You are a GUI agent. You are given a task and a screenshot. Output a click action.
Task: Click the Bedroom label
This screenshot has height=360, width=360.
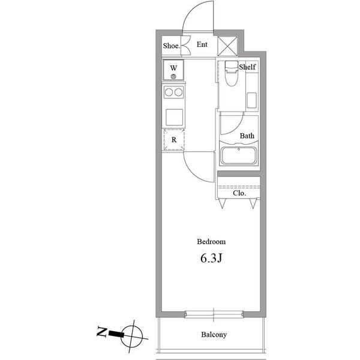point(211,242)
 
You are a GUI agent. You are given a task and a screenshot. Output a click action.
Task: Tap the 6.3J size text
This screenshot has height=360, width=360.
point(211,258)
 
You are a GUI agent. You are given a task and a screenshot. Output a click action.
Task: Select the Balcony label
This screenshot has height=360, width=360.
point(214,335)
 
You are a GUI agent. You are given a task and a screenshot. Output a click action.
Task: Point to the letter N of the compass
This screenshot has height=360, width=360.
point(102,331)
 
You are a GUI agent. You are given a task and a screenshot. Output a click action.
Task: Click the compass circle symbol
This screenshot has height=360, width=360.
point(131,336)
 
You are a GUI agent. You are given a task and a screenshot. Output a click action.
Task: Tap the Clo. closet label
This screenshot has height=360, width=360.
point(239,193)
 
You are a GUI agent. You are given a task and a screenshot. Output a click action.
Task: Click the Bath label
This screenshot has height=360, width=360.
point(247,136)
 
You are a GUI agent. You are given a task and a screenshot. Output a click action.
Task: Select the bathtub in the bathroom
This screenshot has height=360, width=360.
point(239,155)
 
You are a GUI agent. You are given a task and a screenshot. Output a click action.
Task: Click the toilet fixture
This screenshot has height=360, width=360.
point(230,73)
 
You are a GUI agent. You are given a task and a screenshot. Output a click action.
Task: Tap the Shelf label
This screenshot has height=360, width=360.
point(247,67)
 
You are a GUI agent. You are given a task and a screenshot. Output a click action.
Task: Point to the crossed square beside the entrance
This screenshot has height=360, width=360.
point(227,46)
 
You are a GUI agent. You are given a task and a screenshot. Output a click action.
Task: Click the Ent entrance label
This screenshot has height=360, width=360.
point(202,44)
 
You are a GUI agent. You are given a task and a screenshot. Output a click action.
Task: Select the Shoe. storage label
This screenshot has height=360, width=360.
point(172,46)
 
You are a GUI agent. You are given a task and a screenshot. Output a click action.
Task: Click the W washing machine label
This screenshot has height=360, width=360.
point(173,68)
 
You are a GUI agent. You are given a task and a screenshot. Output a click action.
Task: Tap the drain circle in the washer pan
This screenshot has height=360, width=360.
point(173,77)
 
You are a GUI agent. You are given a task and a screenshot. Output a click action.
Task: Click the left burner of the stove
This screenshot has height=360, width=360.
point(169,92)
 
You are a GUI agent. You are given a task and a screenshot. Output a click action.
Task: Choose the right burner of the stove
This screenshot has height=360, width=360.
point(178,92)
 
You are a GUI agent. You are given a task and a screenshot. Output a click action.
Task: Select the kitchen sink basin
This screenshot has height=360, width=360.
point(174,118)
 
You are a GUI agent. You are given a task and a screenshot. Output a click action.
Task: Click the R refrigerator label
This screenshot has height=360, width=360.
point(174,140)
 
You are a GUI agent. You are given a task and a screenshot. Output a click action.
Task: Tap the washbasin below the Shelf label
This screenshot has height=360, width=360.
point(251,100)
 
